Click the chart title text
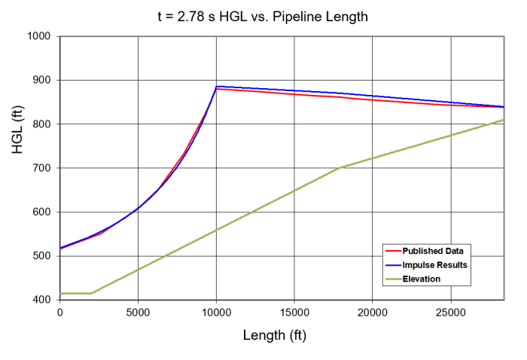point(263,16)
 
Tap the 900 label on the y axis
point(41,80)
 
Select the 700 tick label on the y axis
point(41,168)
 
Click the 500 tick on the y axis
point(41,256)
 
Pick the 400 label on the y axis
point(41,300)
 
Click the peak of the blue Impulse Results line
point(217,87)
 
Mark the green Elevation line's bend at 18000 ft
point(342,167)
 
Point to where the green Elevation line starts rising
point(91,293)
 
